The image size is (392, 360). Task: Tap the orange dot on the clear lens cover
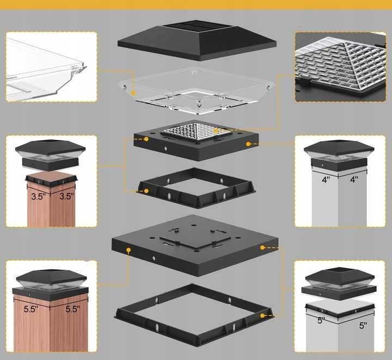(x=133, y=93)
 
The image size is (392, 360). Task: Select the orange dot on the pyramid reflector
(x=216, y=131)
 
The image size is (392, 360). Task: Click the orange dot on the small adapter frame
(x=146, y=191)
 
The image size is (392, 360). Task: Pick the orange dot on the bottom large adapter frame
(x=262, y=315)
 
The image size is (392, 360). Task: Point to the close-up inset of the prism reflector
(x=340, y=67)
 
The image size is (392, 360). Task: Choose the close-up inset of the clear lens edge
(x=51, y=67)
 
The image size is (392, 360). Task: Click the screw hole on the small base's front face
(x=166, y=148)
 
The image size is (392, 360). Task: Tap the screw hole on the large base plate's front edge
(x=154, y=258)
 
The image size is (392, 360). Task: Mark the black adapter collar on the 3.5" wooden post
(x=51, y=181)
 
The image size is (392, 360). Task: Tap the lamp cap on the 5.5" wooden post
(x=51, y=285)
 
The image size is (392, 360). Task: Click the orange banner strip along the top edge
(x=196, y=4)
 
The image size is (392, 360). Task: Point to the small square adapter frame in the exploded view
(x=197, y=188)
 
